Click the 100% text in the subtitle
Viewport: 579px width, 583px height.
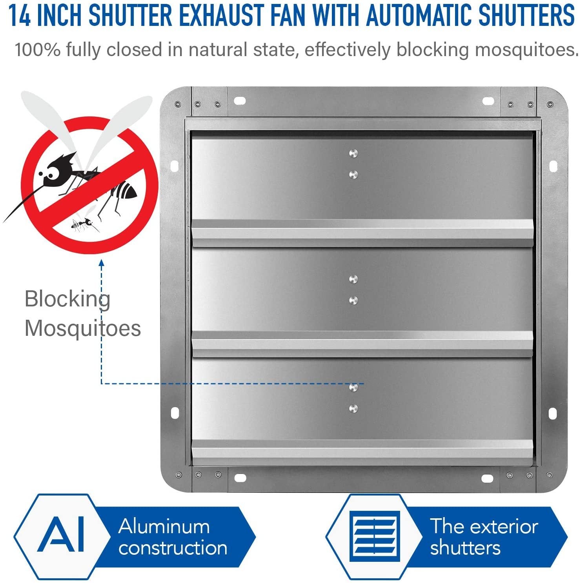pos(37,50)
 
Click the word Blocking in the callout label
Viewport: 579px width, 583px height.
pos(67,299)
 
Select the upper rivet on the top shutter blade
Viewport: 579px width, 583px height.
pos(353,153)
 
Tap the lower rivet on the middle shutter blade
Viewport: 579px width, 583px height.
pos(353,301)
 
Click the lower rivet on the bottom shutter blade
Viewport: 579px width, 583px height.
pos(353,409)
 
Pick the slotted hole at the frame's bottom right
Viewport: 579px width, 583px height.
pos(487,479)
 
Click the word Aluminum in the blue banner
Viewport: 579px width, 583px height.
pos(164,526)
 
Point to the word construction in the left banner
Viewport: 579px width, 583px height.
pos(173,548)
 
